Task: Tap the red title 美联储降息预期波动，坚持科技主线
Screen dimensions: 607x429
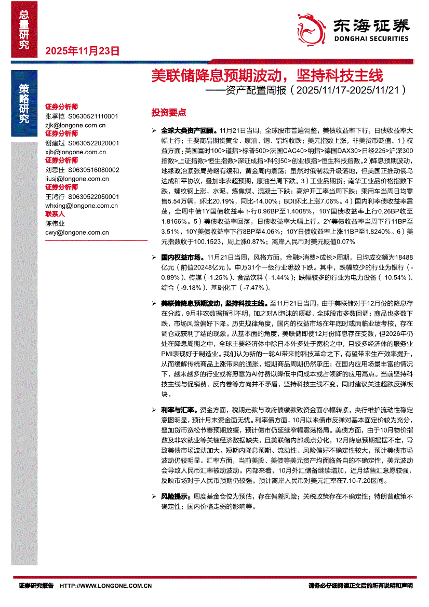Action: click(266, 76)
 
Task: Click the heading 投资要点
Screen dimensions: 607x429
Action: click(168, 113)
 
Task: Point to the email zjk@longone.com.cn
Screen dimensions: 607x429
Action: click(75, 125)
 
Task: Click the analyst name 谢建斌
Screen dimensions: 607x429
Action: click(56, 143)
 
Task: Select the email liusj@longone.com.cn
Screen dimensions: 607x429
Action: click(77, 179)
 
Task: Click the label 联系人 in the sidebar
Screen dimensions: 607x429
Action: click(55, 214)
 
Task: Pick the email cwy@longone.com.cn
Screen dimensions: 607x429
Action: click(77, 233)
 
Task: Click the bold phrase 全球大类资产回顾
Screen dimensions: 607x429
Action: click(188, 131)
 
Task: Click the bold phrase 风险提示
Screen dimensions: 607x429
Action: click(176, 496)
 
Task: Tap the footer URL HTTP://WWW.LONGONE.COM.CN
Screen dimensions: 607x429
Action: click(106, 586)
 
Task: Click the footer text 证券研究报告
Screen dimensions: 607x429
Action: click(36, 586)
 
